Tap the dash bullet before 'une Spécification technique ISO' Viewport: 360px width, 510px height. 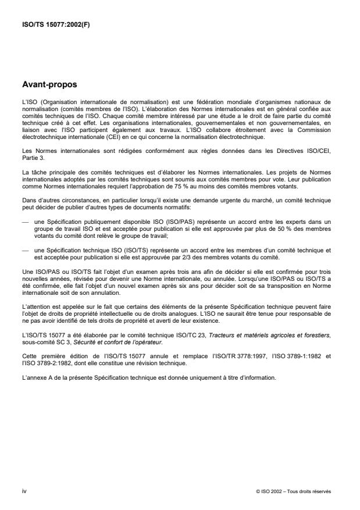pyautogui.click(x=24, y=248)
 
